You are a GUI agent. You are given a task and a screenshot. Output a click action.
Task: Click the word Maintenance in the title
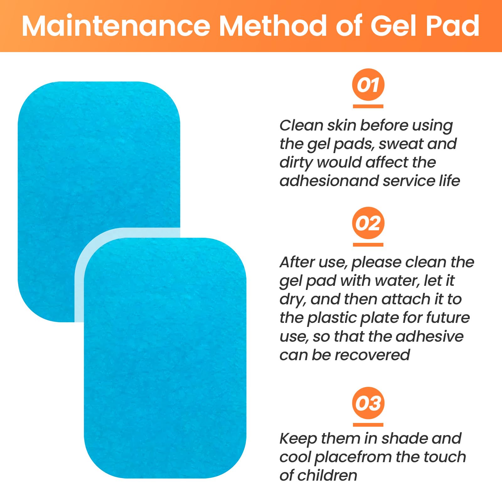(x=116, y=26)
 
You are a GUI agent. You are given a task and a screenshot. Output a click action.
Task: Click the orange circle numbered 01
(x=368, y=85)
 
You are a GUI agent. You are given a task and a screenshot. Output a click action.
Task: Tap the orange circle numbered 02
(x=368, y=223)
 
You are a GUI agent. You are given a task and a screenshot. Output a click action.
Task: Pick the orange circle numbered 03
(x=368, y=403)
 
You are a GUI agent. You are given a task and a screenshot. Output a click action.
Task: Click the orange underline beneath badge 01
(x=368, y=106)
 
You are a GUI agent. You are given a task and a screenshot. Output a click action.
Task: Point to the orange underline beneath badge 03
(x=368, y=425)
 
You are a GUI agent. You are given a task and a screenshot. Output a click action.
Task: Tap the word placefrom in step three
(x=353, y=457)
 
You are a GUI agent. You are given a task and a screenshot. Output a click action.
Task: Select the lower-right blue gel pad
(x=165, y=358)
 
